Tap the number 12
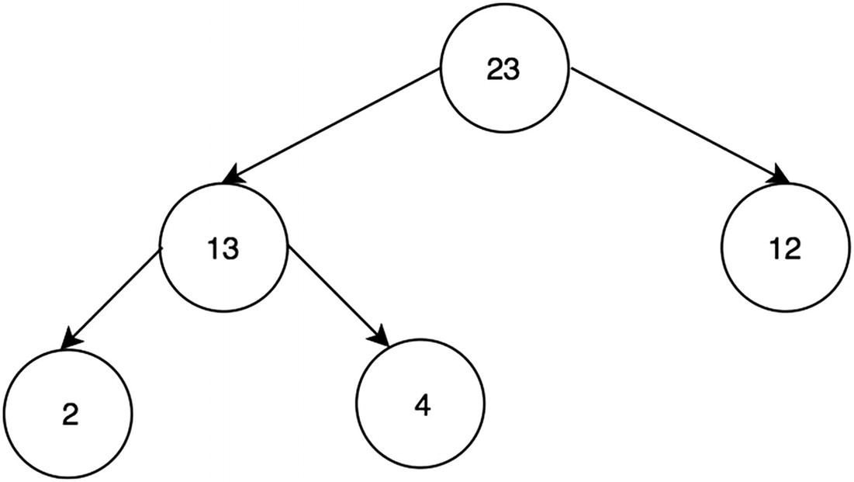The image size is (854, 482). [x=786, y=250]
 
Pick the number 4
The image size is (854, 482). [x=420, y=405]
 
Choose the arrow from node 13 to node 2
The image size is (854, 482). [x=112, y=296]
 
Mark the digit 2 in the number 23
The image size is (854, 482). [x=495, y=70]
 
